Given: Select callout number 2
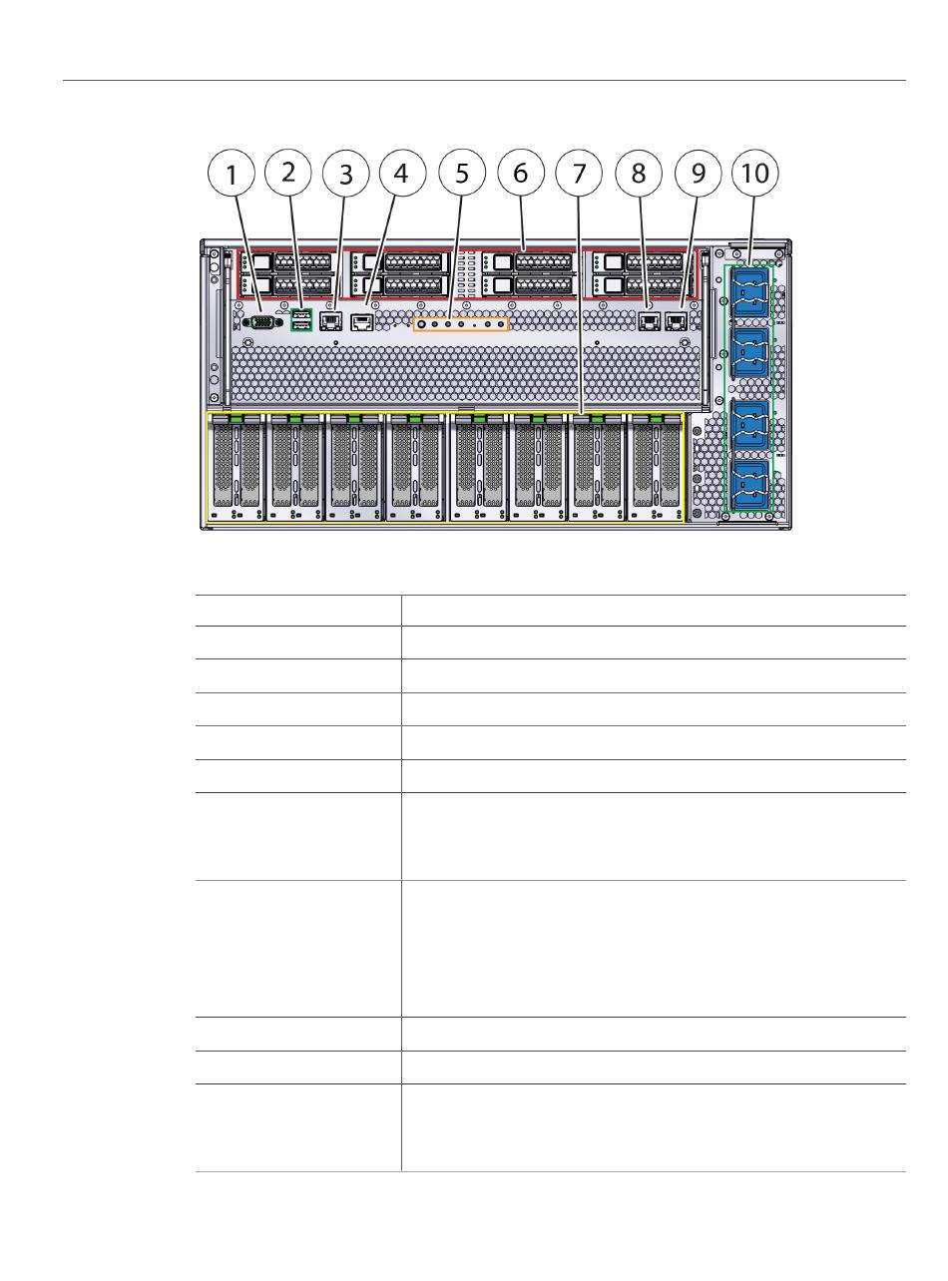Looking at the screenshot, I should [288, 172].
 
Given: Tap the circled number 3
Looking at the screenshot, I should [346, 174].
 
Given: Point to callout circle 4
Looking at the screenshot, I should [401, 173].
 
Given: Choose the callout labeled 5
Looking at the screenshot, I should [461, 174].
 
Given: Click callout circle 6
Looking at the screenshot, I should [520, 173].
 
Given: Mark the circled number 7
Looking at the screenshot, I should [580, 174].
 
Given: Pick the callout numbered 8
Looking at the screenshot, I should [639, 173].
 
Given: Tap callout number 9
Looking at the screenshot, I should [698, 173].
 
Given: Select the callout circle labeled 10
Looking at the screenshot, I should [755, 173].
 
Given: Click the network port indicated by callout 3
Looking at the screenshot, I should [329, 321].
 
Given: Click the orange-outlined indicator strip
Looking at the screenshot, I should [461, 324].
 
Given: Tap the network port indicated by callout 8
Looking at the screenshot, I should [647, 321].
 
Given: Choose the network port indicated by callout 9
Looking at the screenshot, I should [676, 321].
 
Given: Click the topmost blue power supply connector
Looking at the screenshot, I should [749, 288].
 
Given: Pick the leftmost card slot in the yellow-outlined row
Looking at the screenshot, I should [236, 466].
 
